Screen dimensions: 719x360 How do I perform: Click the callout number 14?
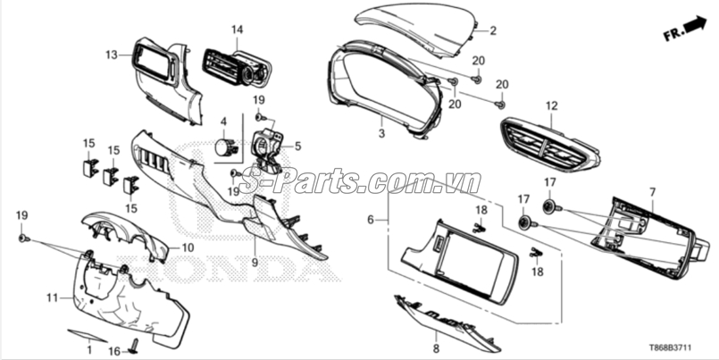pyautogui.click(x=237, y=30)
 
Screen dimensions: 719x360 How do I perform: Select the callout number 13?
pyautogui.click(x=112, y=55)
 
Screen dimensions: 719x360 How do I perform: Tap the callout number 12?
pyautogui.click(x=552, y=106)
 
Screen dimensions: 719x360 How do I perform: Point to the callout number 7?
pyautogui.click(x=653, y=192)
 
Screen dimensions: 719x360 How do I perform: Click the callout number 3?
pyautogui.click(x=381, y=133)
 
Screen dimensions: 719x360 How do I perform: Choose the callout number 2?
pyautogui.click(x=493, y=30)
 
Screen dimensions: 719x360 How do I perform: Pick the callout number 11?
pyautogui.click(x=53, y=297)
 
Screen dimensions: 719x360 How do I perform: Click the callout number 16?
pyautogui.click(x=114, y=351)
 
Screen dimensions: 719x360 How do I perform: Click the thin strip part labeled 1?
pyautogui.click(x=88, y=336)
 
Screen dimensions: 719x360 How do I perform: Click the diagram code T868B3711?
pyautogui.click(x=670, y=347)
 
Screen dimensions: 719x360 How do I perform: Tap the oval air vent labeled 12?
pyautogui.click(x=549, y=144)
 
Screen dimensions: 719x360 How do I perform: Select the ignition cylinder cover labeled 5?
pyautogui.click(x=267, y=150)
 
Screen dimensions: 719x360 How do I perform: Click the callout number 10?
pyautogui.click(x=188, y=248)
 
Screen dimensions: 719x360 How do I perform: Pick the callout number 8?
pyautogui.click(x=436, y=349)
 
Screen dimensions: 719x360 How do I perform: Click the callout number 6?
pyautogui.click(x=371, y=220)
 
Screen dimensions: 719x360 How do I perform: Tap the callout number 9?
pyautogui.click(x=255, y=263)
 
